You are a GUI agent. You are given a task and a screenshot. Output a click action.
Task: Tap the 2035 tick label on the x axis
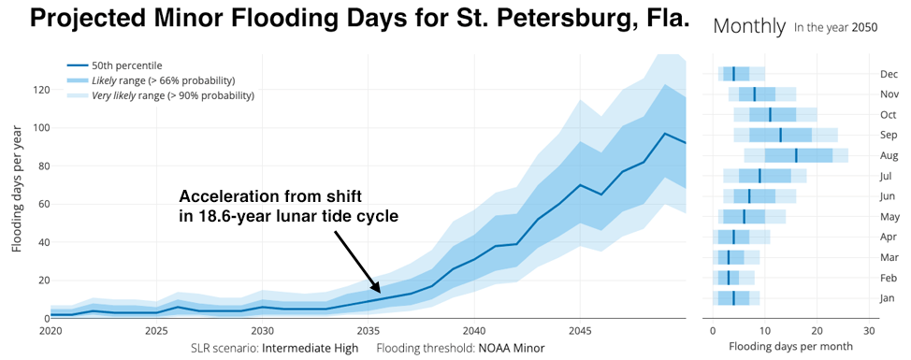(x=369, y=331)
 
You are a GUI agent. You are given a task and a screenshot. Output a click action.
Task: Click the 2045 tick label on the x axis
(x=580, y=331)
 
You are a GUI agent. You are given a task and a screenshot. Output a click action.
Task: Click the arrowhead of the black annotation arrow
(x=378, y=292)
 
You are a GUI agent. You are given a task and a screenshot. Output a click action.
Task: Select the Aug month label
(x=889, y=155)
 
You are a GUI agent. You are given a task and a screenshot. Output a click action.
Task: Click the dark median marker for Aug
(x=796, y=155)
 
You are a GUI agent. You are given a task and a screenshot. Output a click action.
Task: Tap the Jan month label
(x=889, y=298)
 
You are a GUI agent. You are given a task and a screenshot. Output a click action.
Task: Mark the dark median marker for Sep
(x=780, y=135)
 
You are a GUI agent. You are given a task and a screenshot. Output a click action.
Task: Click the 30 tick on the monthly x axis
(x=870, y=331)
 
